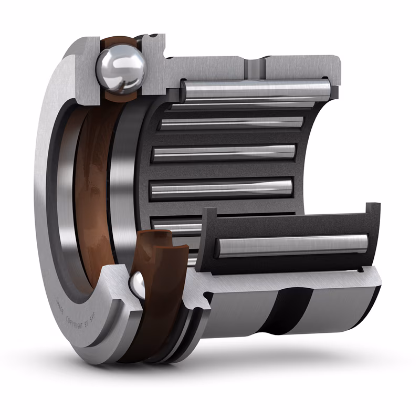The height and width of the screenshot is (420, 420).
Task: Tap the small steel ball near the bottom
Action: coord(138,284)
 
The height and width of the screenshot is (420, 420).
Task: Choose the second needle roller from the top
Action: coord(231,123)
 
